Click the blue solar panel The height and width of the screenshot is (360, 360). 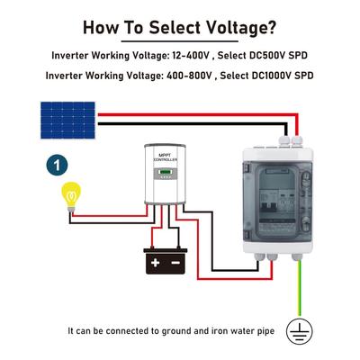67,121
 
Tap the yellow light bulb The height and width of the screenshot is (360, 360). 71,197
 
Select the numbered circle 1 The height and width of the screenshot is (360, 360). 57,165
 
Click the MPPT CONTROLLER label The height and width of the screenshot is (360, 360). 166,157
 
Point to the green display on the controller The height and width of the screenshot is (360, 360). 165,172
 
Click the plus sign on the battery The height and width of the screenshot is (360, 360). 155,263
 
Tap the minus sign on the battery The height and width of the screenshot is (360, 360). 175,263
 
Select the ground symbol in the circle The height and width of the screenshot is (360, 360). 299,331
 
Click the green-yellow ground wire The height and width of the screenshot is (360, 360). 300,287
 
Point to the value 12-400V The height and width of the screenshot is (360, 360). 191,56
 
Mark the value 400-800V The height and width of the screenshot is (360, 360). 189,76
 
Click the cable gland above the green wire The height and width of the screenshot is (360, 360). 297,256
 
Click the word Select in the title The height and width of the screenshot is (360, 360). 175,27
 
